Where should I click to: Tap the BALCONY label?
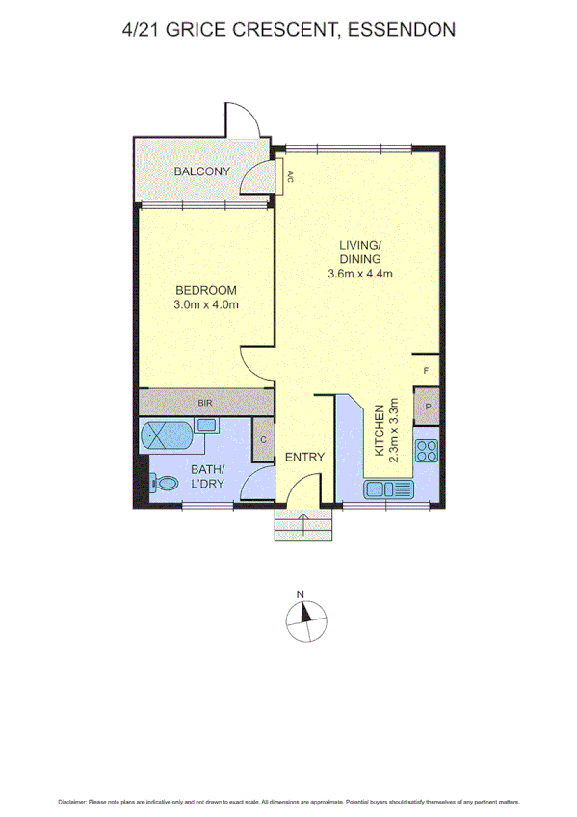pos(202,172)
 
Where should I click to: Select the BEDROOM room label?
pos(205,290)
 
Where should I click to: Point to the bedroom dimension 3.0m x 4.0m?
pos(205,305)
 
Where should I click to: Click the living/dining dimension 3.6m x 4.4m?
pos(359,274)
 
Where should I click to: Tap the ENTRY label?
pos(304,458)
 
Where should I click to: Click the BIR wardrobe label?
pos(205,402)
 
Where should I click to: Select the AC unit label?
pos(289,177)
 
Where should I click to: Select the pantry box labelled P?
pos(426,406)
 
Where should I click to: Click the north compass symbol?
pos(304,618)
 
